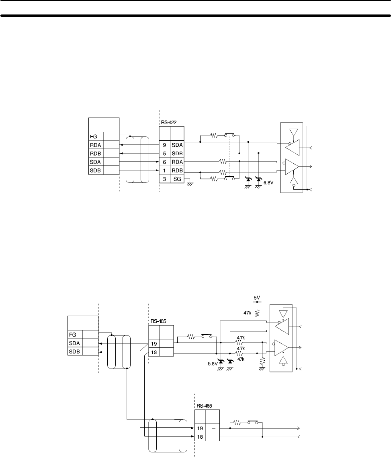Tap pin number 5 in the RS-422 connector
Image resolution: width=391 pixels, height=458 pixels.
point(164,153)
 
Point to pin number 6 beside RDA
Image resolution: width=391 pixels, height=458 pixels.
point(164,162)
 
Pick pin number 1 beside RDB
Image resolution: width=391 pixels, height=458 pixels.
point(164,170)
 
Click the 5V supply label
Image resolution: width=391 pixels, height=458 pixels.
point(257,298)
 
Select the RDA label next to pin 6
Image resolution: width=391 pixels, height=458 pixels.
point(177,162)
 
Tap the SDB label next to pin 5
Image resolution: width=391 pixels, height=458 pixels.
point(177,153)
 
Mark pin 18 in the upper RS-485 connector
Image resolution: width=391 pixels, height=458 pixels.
point(154,353)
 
